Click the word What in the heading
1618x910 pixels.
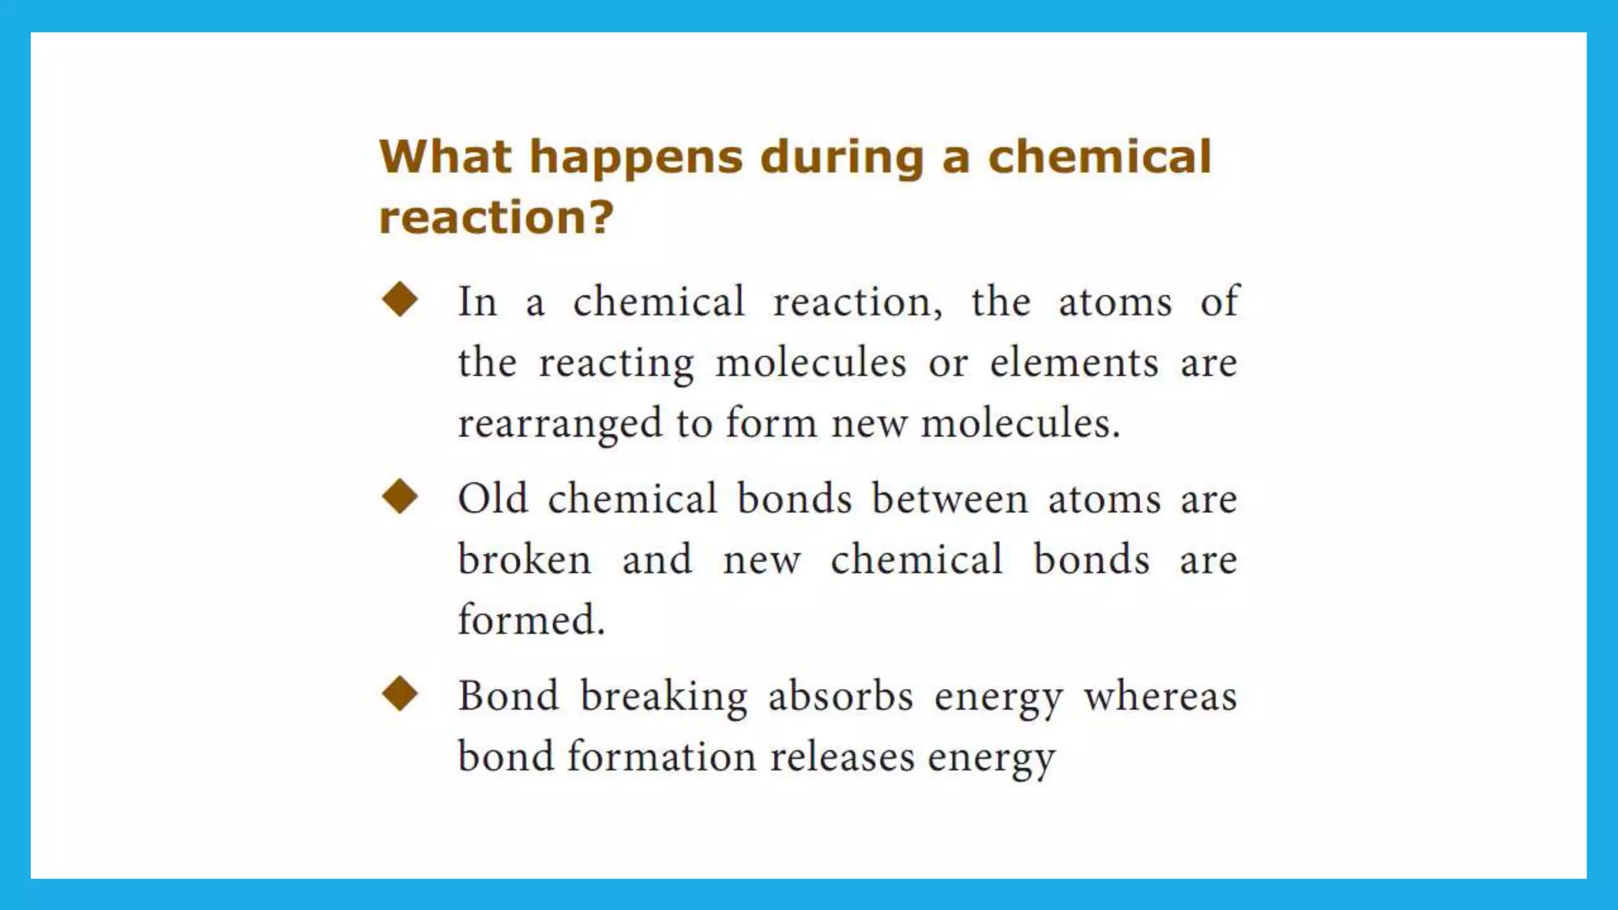click(445, 156)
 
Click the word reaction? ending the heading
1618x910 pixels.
click(495, 217)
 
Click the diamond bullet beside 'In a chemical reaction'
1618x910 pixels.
click(400, 300)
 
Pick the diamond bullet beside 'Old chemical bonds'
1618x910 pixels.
click(400, 497)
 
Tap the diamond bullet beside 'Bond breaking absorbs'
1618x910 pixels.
click(400, 694)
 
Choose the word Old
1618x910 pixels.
click(492, 499)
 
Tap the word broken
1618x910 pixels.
click(525, 560)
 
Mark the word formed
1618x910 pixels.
click(531, 620)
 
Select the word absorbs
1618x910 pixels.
click(841, 697)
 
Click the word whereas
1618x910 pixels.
click(1160, 697)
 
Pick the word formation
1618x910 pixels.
click(661, 757)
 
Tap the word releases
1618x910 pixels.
click(842, 757)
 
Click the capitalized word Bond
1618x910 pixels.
click(508, 697)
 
